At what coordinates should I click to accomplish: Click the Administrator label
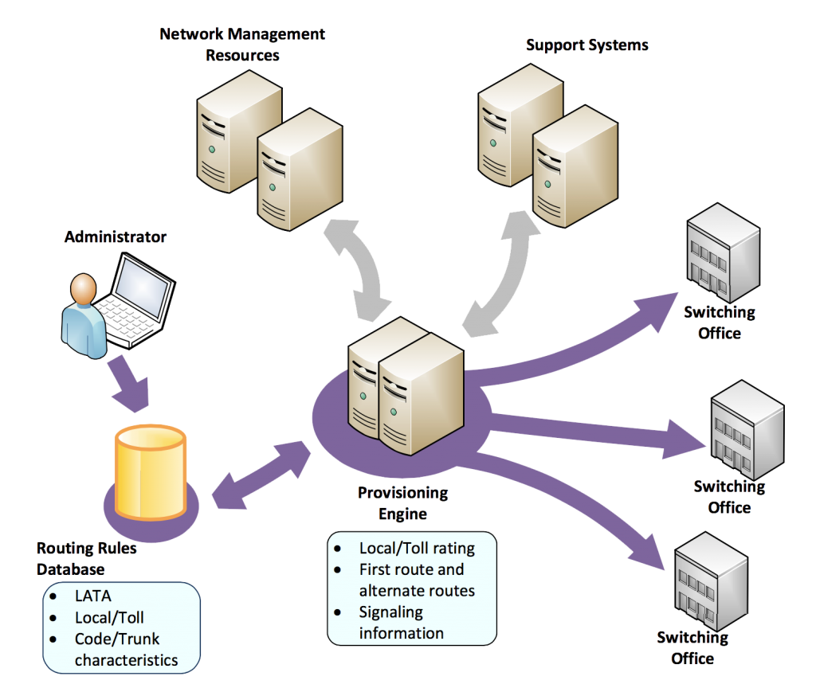[116, 236]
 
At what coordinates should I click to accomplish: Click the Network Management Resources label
[242, 45]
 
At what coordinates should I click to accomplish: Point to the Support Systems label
[586, 45]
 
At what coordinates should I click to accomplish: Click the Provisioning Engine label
[402, 503]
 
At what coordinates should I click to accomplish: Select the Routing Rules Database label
[86, 558]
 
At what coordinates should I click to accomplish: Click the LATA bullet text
[93, 596]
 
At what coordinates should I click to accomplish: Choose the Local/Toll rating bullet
[416, 548]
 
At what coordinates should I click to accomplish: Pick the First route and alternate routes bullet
[416, 580]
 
